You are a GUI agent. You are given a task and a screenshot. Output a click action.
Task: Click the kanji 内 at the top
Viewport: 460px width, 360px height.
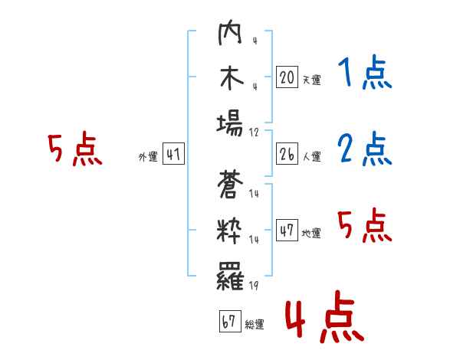[x=230, y=32]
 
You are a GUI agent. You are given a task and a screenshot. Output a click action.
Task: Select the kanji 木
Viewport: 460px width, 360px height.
[x=232, y=77]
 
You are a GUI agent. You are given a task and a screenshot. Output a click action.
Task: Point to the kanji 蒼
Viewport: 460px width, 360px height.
[x=230, y=185]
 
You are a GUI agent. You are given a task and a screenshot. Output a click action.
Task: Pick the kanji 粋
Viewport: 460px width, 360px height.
[x=229, y=231]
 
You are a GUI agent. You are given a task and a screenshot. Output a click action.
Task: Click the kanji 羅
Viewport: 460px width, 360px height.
[x=230, y=276]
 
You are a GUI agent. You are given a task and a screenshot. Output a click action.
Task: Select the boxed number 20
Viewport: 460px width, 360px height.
[x=287, y=77]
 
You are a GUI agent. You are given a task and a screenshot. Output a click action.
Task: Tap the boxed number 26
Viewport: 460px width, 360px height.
[x=287, y=153]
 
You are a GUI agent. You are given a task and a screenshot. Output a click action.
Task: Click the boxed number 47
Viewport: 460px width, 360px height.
[x=287, y=230]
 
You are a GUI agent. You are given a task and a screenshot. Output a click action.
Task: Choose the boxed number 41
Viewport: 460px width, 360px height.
[x=173, y=153]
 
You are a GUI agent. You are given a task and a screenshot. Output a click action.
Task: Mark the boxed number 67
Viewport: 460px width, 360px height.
[x=230, y=321]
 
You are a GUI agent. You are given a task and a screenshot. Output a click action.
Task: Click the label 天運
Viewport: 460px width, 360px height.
[x=312, y=80]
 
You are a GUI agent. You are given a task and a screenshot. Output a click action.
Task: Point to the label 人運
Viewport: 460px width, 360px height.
[x=312, y=156]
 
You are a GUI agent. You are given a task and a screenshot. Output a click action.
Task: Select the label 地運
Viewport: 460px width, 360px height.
[x=311, y=233]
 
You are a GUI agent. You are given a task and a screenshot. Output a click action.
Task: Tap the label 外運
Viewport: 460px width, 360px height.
[x=148, y=156]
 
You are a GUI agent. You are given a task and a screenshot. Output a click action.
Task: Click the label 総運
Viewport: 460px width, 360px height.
[x=255, y=324]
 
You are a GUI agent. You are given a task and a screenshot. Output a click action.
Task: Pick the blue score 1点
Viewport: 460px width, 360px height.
[x=365, y=72]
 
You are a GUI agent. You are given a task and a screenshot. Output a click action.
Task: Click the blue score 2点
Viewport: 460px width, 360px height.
[x=365, y=149]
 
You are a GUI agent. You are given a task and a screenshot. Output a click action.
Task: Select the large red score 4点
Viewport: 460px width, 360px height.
[x=325, y=316]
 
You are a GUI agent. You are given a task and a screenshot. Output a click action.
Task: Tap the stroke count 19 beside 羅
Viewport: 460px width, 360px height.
[x=254, y=285]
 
